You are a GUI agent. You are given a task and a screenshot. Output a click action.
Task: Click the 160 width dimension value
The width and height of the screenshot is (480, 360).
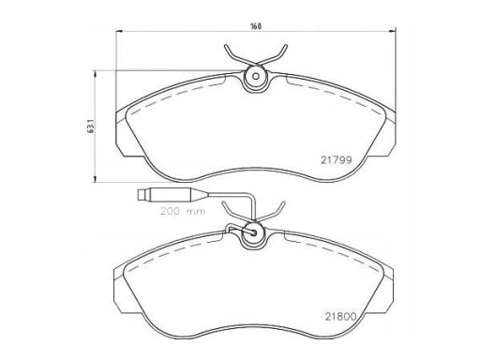(x=256, y=26)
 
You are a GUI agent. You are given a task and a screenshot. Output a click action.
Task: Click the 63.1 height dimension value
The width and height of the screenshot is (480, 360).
(x=91, y=127)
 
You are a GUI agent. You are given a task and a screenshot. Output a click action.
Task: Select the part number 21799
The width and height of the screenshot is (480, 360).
(x=337, y=160)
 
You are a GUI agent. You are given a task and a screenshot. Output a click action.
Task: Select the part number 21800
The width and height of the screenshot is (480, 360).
(x=340, y=317)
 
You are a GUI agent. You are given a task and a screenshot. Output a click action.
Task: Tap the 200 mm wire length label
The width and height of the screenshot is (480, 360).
(x=183, y=211)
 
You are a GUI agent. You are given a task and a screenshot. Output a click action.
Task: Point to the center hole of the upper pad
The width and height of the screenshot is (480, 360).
(x=256, y=76)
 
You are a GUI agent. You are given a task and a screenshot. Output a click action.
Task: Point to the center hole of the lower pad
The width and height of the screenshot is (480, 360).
(x=254, y=232)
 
